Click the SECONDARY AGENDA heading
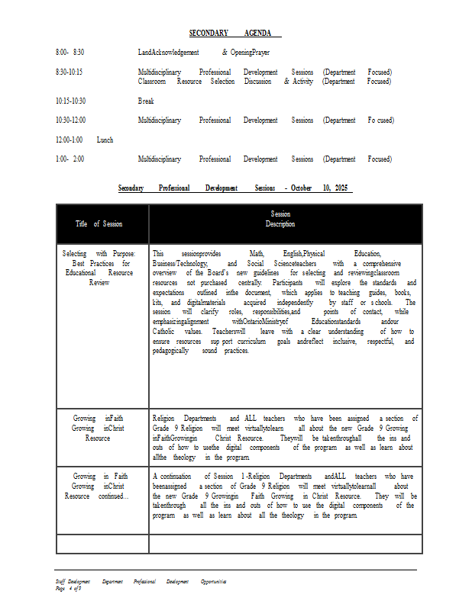pos(235,33)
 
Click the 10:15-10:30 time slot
pos(70,101)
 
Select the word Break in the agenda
pos(146,101)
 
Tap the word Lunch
pos(105,140)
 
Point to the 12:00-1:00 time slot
pos(69,140)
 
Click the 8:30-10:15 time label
pos(70,72)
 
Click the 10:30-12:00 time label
pos(70,120)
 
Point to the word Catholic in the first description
pos(163,332)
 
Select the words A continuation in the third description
pos(171,476)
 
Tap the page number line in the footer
pos(68,588)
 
